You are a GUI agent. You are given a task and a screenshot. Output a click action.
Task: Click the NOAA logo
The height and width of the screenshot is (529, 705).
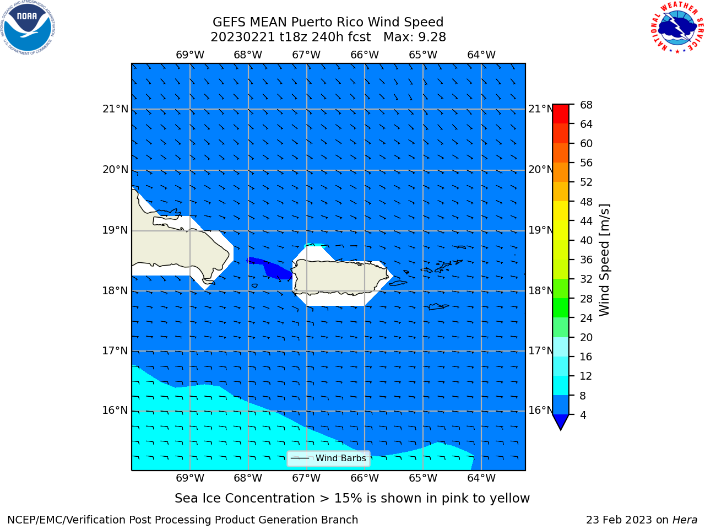[x=28, y=28]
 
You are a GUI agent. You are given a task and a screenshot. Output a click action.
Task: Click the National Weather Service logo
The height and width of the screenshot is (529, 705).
[x=677, y=28]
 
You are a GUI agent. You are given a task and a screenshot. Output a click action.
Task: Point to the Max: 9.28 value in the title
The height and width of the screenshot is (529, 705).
[x=415, y=37]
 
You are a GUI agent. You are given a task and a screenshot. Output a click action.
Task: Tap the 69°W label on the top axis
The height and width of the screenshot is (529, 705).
[x=190, y=55]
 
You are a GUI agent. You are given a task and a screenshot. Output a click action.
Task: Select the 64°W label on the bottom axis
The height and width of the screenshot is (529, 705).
[x=481, y=478]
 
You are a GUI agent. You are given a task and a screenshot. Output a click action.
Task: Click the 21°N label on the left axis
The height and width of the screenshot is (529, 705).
[x=115, y=109]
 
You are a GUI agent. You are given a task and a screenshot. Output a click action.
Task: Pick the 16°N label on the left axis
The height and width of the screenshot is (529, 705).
[x=115, y=411]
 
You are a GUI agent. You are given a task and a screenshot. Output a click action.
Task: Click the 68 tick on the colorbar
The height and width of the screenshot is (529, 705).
[x=586, y=105]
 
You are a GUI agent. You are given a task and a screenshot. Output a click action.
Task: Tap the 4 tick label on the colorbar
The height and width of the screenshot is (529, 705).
[x=583, y=415]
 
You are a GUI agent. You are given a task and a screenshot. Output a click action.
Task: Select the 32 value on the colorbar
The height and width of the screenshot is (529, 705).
[x=586, y=279]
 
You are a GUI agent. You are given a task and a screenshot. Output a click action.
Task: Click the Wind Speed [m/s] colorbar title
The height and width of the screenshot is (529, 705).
[x=604, y=260]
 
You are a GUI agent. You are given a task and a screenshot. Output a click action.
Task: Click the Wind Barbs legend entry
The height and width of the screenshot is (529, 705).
[x=328, y=458]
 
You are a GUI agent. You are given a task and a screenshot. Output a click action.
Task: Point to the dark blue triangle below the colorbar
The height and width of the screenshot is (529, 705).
[x=561, y=421]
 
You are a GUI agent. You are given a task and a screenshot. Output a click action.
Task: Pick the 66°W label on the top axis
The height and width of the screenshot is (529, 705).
[x=365, y=55]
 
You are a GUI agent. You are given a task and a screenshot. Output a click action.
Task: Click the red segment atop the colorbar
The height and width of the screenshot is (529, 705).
[x=561, y=114]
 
